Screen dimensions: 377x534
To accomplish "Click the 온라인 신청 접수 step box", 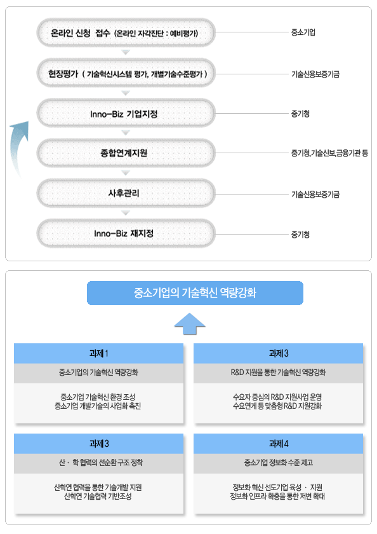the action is click(x=126, y=32).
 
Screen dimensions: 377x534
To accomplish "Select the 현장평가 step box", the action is click(x=126, y=73).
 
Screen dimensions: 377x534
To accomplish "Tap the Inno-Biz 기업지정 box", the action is click(x=126, y=113).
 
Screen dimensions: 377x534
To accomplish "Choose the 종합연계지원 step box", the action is click(x=126, y=153).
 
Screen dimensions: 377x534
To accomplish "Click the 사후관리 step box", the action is click(x=126, y=193).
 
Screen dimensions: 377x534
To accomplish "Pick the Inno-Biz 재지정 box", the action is click(x=126, y=233).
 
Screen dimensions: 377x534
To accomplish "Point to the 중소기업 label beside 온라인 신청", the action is click(x=303, y=32).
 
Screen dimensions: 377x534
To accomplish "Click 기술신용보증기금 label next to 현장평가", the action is click(x=315, y=74).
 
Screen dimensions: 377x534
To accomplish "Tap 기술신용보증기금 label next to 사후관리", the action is click(x=315, y=195).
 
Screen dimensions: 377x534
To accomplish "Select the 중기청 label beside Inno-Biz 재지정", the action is click(x=300, y=235).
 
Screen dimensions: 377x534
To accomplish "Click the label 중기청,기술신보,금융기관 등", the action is click(x=329, y=153).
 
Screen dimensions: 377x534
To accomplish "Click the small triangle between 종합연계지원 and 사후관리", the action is click(x=126, y=173).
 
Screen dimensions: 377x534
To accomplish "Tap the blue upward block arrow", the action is click(x=190, y=324).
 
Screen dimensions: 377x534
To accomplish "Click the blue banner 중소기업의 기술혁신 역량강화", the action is click(x=195, y=293).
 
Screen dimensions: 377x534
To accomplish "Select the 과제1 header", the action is click(x=98, y=353).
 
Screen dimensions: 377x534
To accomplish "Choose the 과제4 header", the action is click(x=279, y=444).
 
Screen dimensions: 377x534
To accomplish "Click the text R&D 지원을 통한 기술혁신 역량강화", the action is click(x=278, y=373).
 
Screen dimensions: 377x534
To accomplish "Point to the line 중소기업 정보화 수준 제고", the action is click(x=279, y=463).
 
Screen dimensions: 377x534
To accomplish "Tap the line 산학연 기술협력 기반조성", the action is click(x=98, y=496).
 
